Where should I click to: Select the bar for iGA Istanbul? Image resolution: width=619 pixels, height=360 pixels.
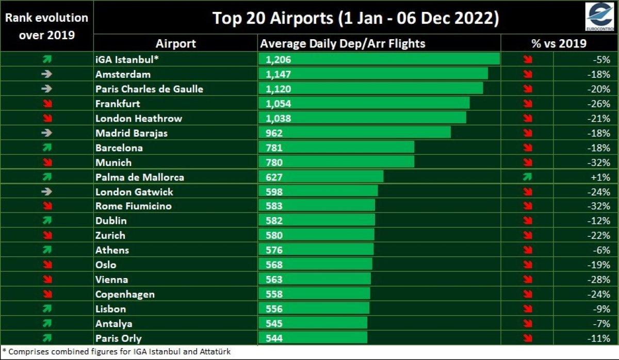pyautogui.click(x=379, y=59)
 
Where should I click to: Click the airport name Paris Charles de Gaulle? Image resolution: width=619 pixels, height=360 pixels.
pyautogui.click(x=149, y=89)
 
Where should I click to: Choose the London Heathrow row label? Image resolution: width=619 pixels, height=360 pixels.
pyautogui.click(x=139, y=118)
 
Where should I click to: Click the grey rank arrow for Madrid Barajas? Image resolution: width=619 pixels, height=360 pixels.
pyautogui.click(x=47, y=133)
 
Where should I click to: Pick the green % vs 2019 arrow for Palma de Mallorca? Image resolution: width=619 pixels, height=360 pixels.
pyautogui.click(x=527, y=177)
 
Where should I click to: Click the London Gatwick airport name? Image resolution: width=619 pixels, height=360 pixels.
pyautogui.click(x=134, y=192)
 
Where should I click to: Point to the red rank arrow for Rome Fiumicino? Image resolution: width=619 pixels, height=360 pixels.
pyautogui.click(x=47, y=206)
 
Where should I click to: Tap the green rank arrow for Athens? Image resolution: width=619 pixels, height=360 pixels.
pyautogui.click(x=47, y=250)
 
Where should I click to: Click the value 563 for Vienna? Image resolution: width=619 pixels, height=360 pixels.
pyautogui.click(x=274, y=280)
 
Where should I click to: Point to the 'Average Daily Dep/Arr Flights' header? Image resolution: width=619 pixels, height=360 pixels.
pyautogui.click(x=343, y=43)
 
